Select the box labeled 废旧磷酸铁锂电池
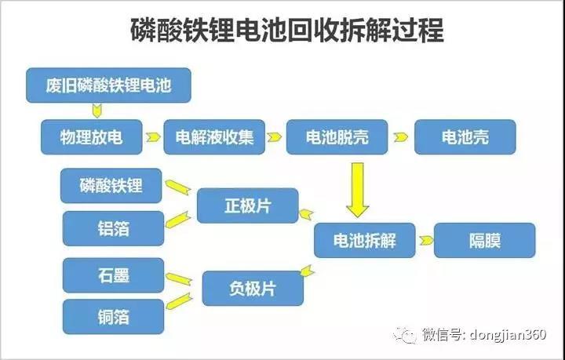(x=109, y=85)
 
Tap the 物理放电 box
(x=92, y=137)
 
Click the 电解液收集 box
(x=214, y=137)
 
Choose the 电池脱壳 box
(x=336, y=137)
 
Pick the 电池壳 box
(x=465, y=137)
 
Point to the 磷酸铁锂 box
(x=111, y=186)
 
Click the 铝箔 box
(x=111, y=228)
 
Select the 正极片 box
(x=247, y=206)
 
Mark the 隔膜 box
(x=484, y=240)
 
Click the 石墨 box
(x=113, y=275)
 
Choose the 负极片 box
(x=252, y=288)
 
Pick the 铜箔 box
(x=113, y=317)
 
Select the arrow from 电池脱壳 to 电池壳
(x=401, y=137)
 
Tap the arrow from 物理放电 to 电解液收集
(x=153, y=137)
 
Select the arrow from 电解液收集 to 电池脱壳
(x=274, y=137)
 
